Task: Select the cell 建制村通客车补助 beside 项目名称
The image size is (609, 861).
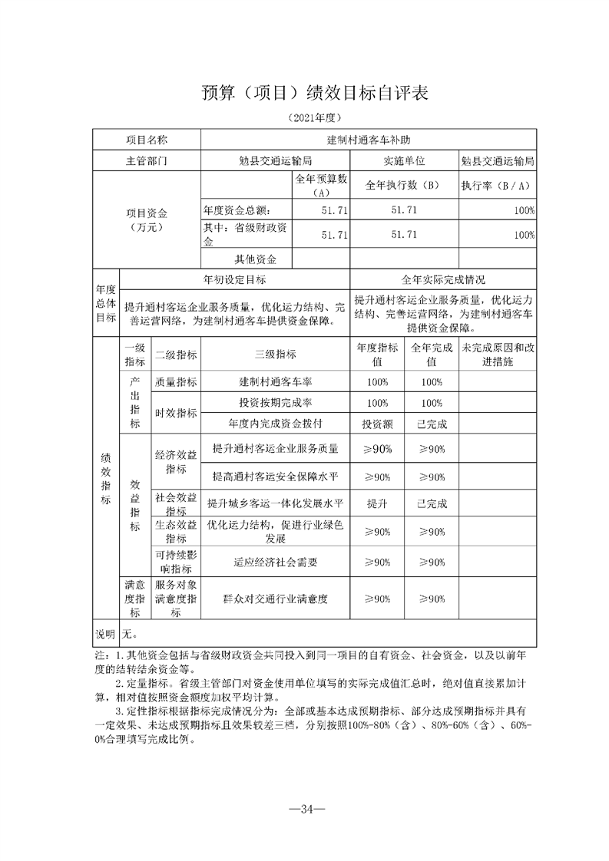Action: click(x=368, y=140)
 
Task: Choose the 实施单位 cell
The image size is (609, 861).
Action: click(x=404, y=162)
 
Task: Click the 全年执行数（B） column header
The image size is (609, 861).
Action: click(x=404, y=185)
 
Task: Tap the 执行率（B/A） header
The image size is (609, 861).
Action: click(x=497, y=185)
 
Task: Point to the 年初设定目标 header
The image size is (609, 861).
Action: click(x=234, y=279)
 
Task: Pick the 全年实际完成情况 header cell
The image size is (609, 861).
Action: click(x=443, y=279)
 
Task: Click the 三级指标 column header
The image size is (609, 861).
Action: click(x=275, y=355)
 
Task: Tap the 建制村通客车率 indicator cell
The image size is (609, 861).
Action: click(x=275, y=382)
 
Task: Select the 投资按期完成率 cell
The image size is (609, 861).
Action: click(x=275, y=403)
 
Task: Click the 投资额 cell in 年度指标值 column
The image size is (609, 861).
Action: click(x=377, y=423)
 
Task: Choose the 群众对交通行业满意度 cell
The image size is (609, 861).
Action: click(x=275, y=599)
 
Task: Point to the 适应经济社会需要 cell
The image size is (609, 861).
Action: click(x=275, y=562)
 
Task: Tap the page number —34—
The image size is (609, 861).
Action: click(x=305, y=808)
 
